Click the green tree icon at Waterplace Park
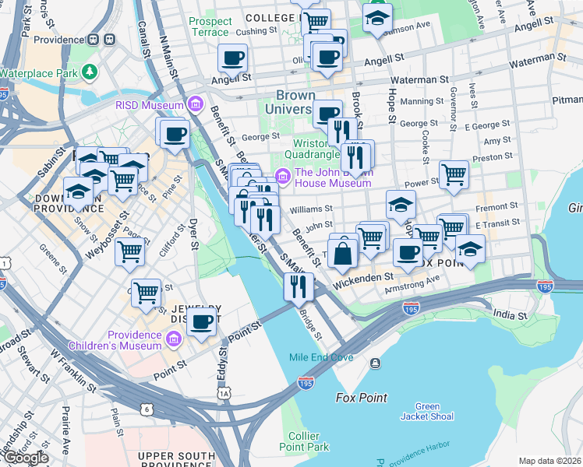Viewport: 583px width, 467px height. [x=91, y=72]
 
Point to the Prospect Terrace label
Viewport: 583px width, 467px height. [x=210, y=26]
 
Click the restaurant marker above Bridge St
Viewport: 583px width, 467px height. [x=298, y=287]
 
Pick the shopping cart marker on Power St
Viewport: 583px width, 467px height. [x=454, y=175]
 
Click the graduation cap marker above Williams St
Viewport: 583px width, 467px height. [x=401, y=205]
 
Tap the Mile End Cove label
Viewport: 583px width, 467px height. [x=321, y=357]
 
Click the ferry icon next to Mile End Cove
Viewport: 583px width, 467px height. [x=376, y=363]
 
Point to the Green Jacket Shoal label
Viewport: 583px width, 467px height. [x=428, y=411]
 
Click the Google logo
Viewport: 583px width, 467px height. [x=25, y=458]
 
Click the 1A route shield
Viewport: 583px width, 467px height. [x=225, y=395]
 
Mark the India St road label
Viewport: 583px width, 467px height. [x=510, y=315]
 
